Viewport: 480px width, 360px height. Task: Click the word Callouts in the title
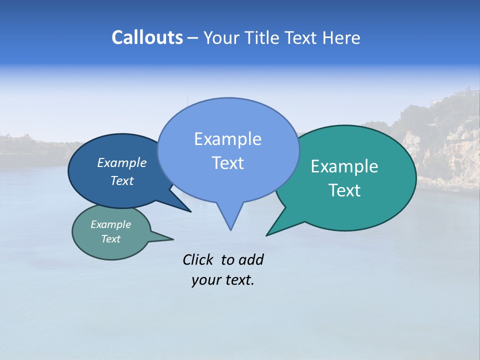click(147, 37)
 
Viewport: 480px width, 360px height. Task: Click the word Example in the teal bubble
click(344, 166)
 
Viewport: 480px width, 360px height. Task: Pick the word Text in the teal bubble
click(344, 190)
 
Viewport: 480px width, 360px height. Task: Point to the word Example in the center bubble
click(227, 139)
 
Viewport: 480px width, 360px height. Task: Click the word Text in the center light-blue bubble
click(227, 163)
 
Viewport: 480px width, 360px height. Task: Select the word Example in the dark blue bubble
click(121, 163)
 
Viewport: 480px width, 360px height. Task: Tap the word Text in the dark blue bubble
click(121, 181)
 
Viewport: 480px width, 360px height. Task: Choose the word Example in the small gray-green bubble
click(110, 224)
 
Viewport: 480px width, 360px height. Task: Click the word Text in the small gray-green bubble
click(110, 239)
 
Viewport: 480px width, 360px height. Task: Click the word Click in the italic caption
click(198, 260)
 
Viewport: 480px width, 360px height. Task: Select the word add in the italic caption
click(250, 260)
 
